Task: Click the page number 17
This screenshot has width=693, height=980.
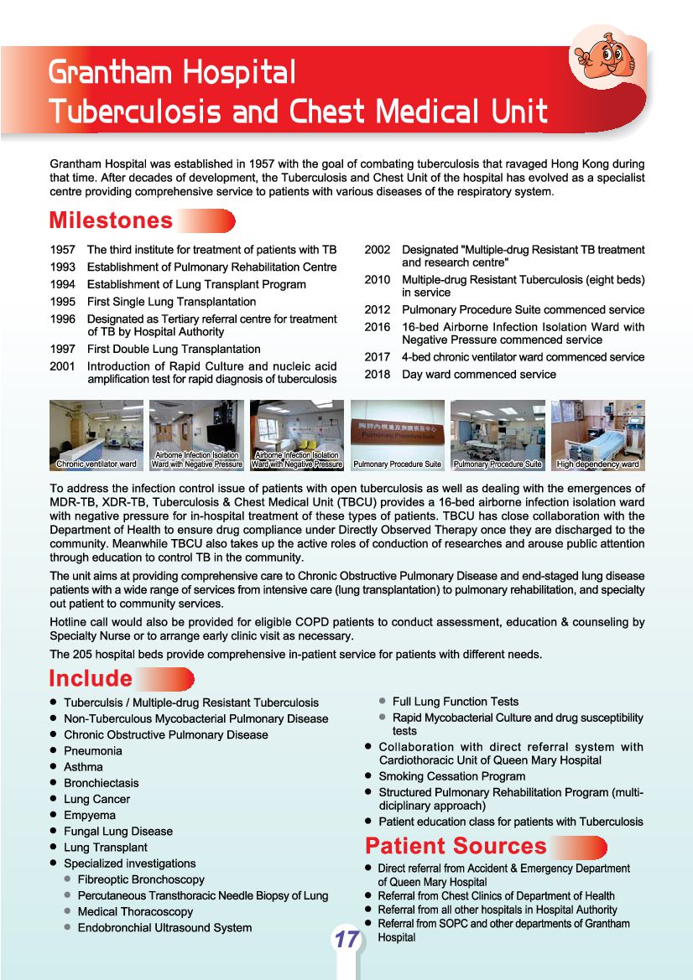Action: click(346, 940)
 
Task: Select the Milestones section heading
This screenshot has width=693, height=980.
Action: click(111, 220)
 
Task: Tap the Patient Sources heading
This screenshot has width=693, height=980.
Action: click(456, 846)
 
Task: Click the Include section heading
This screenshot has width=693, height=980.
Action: click(91, 678)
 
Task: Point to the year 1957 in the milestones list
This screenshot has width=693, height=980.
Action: click(63, 250)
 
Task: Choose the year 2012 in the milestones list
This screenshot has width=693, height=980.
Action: click(377, 310)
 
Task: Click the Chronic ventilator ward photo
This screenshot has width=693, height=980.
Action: click(96, 435)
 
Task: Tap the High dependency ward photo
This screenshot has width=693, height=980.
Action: click(597, 435)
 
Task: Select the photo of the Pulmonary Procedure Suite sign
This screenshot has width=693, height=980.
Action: click(397, 435)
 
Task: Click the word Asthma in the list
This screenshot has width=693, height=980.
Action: click(83, 767)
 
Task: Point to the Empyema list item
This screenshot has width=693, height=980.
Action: click(90, 815)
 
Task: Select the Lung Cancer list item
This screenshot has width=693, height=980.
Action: click(95, 799)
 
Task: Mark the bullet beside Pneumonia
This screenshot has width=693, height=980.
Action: click(54, 751)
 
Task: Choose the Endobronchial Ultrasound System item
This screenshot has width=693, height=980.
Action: click(164, 927)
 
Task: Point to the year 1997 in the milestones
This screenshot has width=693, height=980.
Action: click(63, 349)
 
